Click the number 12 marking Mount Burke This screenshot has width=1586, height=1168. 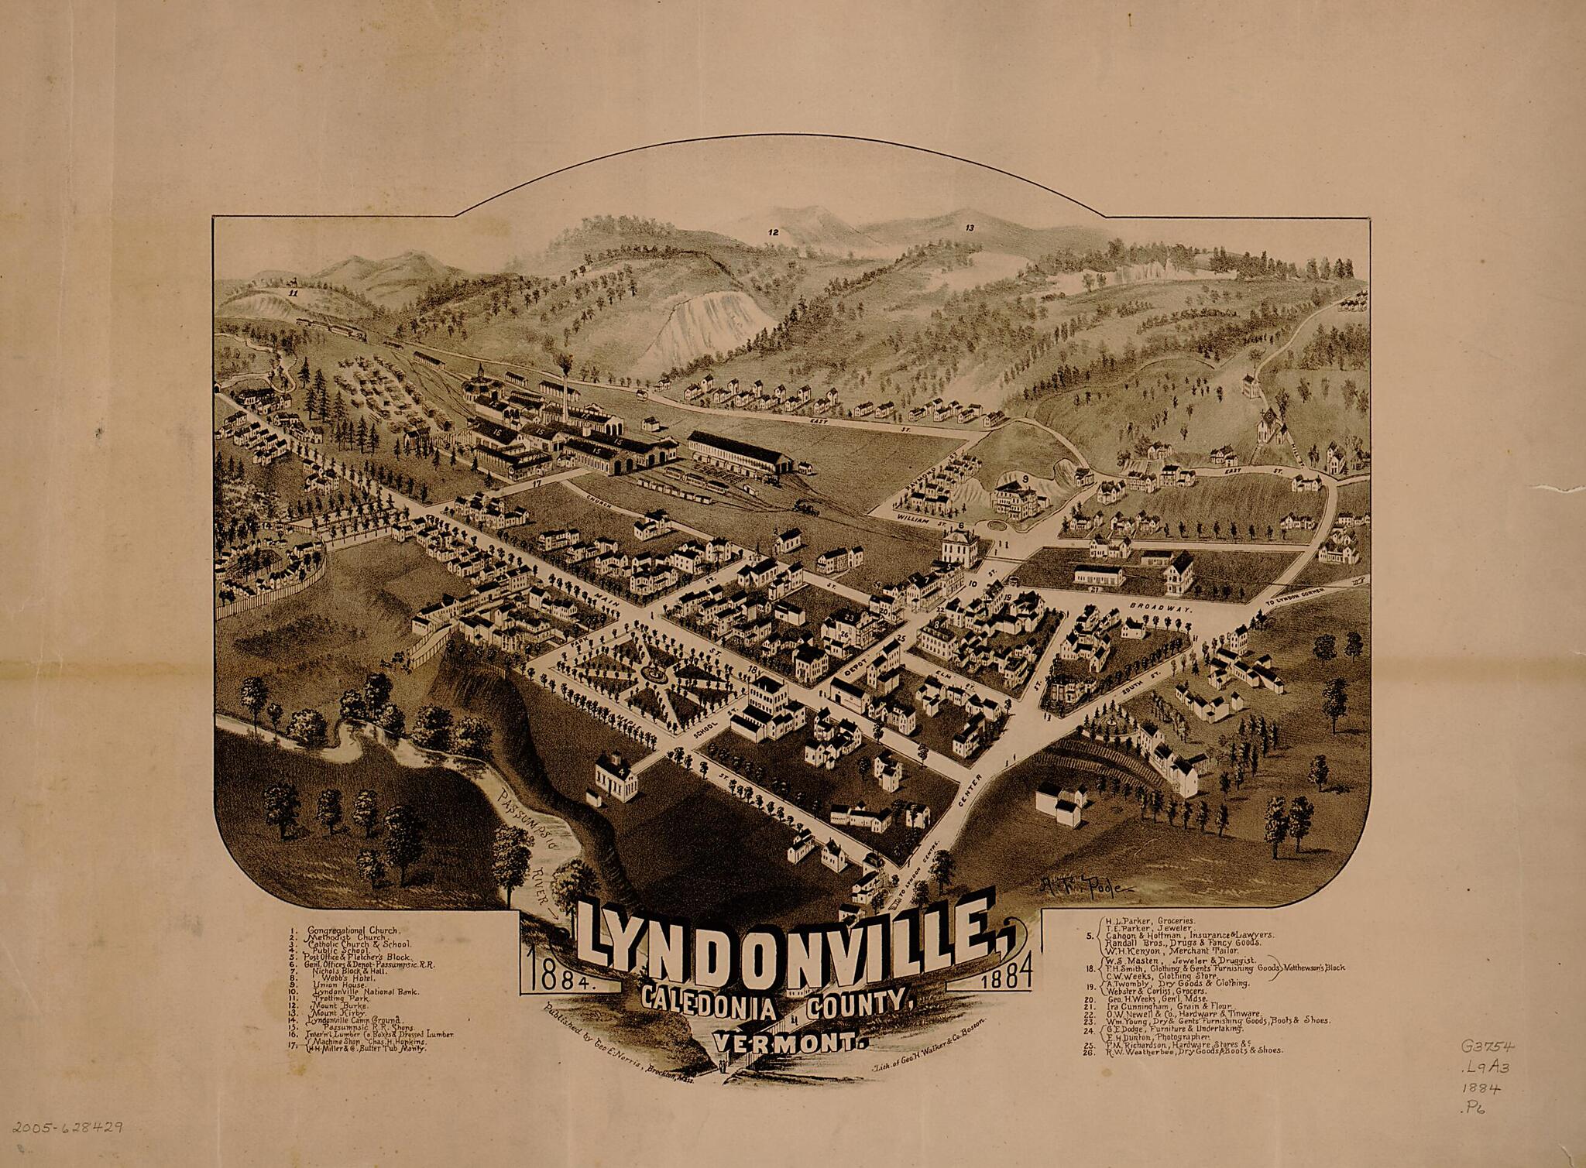(x=772, y=232)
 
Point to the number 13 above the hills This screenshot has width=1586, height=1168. (x=969, y=228)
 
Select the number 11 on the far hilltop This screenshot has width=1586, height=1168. (x=292, y=294)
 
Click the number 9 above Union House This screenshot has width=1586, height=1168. (x=1025, y=479)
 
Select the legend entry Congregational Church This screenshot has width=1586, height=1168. (x=352, y=930)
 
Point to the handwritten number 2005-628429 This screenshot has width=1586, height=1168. (x=67, y=1128)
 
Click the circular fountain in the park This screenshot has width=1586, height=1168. (x=657, y=675)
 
